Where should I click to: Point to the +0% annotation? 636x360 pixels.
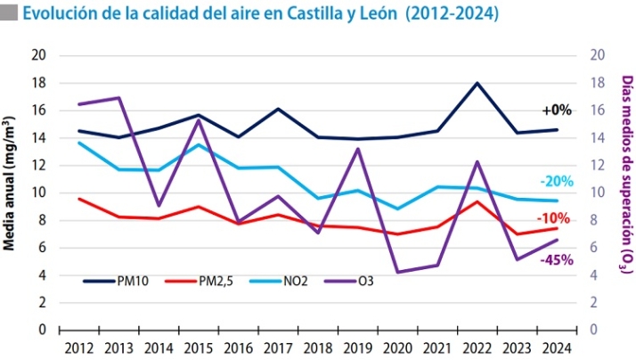557,110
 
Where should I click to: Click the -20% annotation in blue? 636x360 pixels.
557,182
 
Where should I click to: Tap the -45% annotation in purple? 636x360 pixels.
557,260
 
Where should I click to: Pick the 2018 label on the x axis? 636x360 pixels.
318,348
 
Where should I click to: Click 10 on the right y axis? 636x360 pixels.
598,192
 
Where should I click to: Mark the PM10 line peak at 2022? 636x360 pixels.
478,83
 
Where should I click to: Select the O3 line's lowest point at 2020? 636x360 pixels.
398,272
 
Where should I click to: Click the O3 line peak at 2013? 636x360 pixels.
118,98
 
